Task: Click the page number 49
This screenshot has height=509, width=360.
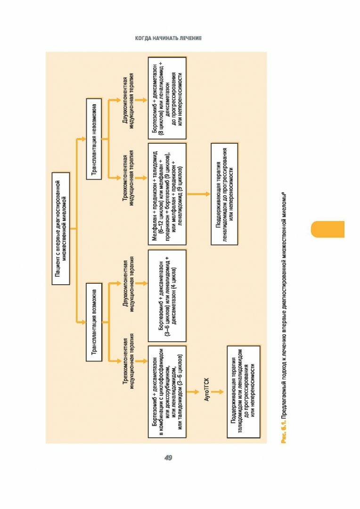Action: tap(168, 457)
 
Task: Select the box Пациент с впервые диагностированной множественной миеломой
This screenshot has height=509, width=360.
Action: tap(61, 229)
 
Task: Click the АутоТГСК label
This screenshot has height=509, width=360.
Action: tap(205, 391)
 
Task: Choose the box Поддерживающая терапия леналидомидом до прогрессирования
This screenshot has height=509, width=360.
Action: tap(224, 193)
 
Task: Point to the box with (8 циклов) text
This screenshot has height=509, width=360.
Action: tap(167, 98)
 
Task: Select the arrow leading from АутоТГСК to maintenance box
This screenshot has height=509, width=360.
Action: tap(218, 391)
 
